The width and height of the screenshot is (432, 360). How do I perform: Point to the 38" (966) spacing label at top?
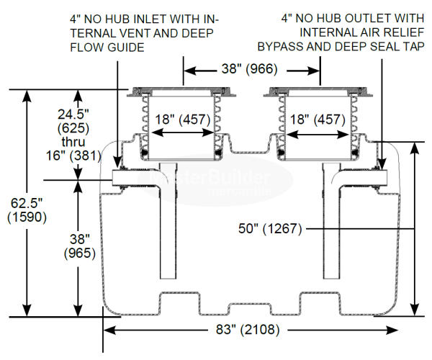tap(253, 70)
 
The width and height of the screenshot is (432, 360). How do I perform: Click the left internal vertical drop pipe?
tap(167, 230)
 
